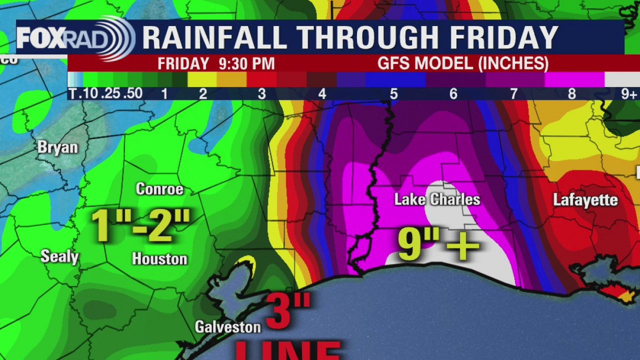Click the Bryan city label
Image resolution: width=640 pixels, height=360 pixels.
coord(58,148)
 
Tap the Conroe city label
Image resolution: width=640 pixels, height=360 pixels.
coord(159,189)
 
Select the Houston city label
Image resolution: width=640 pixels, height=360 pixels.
coord(159,258)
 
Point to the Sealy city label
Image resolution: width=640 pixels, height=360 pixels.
coord(59,257)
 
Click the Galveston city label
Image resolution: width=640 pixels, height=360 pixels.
coord(227,327)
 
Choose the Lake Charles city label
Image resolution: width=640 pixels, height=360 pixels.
coord(437,200)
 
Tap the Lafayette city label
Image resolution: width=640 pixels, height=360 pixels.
coord(585,200)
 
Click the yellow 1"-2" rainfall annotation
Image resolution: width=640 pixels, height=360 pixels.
coord(141,226)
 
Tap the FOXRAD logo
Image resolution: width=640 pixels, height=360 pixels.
coord(75,38)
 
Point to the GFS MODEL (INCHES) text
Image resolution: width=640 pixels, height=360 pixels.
coord(463,64)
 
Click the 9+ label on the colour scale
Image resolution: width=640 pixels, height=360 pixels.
coord(629,93)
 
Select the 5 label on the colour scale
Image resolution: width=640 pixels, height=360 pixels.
coord(393,93)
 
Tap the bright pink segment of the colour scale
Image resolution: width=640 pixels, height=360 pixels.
coord(574,79)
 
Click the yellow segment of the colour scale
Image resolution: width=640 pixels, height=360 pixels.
coord(201,79)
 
